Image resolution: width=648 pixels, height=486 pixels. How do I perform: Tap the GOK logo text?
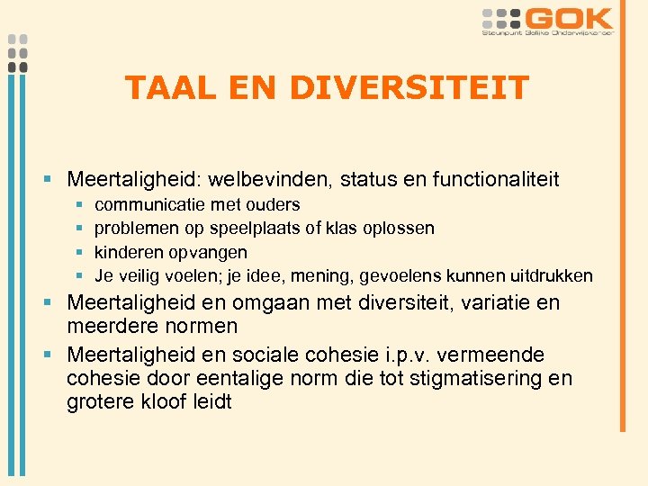point(570,19)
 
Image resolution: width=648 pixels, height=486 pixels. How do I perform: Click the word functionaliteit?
point(496,180)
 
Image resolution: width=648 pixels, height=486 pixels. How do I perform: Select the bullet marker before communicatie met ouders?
point(79,206)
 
